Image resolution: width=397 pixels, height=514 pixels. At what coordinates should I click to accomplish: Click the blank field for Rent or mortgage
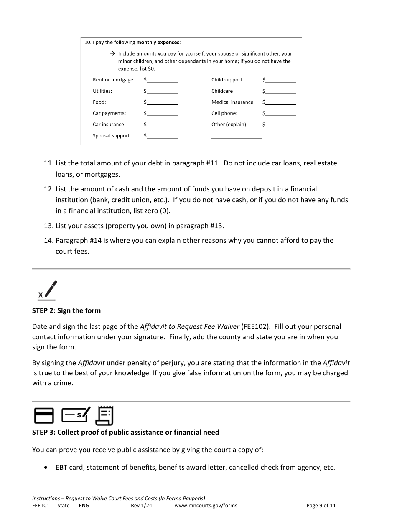[162, 80]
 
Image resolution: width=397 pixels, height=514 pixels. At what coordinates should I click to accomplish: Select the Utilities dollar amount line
[162, 92]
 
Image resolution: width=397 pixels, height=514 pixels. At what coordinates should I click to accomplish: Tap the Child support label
[227, 80]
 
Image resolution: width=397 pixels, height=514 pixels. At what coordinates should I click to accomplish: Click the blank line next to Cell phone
[280, 114]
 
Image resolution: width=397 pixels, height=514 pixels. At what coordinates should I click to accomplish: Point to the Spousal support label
[112, 136]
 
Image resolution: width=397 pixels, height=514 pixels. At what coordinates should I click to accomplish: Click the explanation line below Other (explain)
[237, 136]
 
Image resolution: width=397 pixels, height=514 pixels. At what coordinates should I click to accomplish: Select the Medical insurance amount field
[280, 102]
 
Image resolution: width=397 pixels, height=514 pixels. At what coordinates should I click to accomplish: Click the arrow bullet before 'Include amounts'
[112, 54]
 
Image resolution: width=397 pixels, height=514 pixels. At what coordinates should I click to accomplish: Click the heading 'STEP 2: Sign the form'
[66, 311]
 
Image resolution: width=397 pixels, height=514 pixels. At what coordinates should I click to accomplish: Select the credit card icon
[43, 416]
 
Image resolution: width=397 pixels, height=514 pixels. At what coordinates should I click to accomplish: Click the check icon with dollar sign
[76, 415]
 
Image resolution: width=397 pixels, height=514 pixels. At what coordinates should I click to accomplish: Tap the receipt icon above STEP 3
[104, 415]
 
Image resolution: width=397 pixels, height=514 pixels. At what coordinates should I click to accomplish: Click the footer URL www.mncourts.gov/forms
[206, 506]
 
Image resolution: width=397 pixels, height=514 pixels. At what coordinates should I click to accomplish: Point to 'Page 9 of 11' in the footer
[321, 506]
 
